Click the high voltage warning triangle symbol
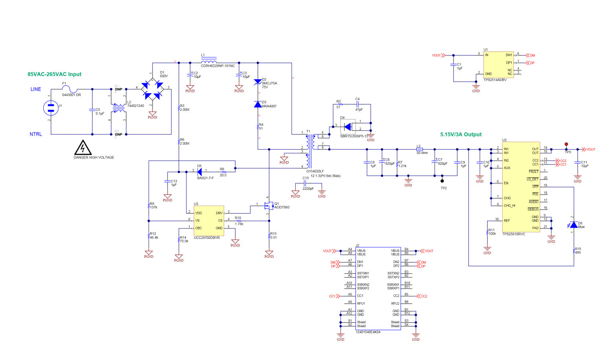[83, 148]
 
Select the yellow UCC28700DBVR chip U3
[208, 220]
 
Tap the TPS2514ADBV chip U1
[498, 64]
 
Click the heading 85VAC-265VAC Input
[54, 74]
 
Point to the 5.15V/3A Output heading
[460, 134]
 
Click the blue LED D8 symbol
[574, 225]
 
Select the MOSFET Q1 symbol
[269, 206]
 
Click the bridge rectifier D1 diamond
[152, 90]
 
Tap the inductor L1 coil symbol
[208, 62]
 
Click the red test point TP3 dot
[566, 144]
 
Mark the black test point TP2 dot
[442, 181]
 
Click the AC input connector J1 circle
[51, 108]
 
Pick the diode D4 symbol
[348, 127]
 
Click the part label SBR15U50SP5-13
[354, 136]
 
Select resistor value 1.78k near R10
[239, 224]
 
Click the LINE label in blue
[36, 89]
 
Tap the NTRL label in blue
[36, 134]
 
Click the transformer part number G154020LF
[315, 171]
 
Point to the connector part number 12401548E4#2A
[368, 332]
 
